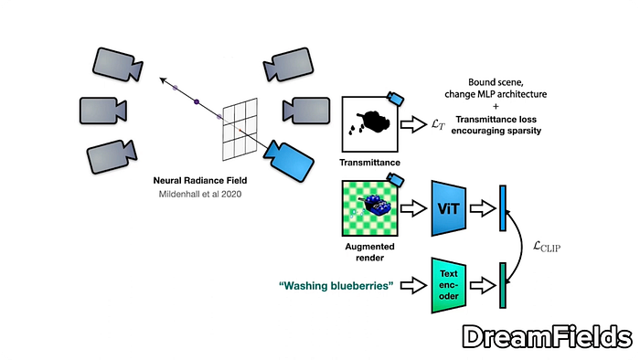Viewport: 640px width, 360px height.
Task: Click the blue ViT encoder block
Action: click(x=449, y=208)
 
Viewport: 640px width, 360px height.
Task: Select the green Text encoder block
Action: click(x=449, y=285)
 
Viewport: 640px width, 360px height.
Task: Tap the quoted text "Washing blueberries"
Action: click(x=336, y=286)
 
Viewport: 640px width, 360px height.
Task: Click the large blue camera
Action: click(x=289, y=160)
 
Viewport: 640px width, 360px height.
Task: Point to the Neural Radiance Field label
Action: click(x=200, y=180)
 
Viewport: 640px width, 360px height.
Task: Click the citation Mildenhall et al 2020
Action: click(x=200, y=194)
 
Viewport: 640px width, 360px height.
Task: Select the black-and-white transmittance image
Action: click(x=369, y=124)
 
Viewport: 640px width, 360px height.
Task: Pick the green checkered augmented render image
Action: click(x=369, y=208)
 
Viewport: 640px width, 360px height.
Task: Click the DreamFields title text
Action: click(x=548, y=337)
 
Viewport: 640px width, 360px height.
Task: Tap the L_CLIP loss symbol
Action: click(x=547, y=247)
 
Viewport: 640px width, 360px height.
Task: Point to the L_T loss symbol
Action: click(x=438, y=124)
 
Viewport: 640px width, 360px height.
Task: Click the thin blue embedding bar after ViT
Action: click(x=503, y=208)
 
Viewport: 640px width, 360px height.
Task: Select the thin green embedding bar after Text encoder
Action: click(x=503, y=285)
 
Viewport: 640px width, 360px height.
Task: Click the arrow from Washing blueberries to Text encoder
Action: click(x=413, y=285)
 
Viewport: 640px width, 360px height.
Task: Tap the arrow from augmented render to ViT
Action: click(x=413, y=208)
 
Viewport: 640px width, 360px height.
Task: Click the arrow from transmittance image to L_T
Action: click(x=413, y=124)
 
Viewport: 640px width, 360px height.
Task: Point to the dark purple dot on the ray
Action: click(x=197, y=101)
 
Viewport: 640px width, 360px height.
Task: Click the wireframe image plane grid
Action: click(x=240, y=129)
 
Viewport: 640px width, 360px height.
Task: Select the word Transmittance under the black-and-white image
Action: click(x=369, y=163)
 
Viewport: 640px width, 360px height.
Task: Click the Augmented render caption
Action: click(x=369, y=252)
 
